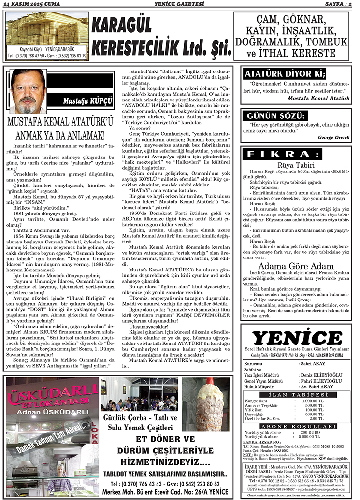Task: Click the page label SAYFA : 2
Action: (337, 4)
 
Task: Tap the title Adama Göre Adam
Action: (296, 267)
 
